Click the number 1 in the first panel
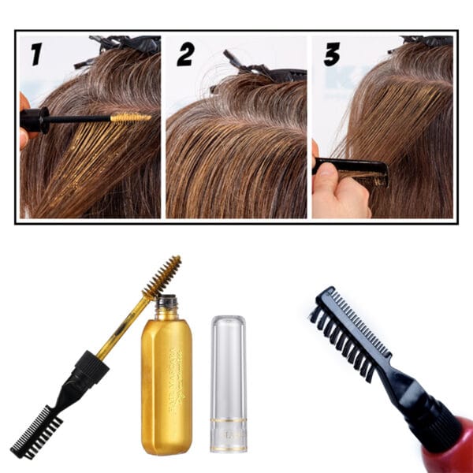pyautogui.click(x=35, y=54)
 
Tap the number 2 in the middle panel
pyautogui.click(x=185, y=54)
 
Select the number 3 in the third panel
pyautogui.click(x=332, y=54)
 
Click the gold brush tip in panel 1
pyautogui.click(x=130, y=118)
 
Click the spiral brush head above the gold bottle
pyautogui.click(x=162, y=277)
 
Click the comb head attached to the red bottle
pyautogui.click(x=347, y=331)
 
